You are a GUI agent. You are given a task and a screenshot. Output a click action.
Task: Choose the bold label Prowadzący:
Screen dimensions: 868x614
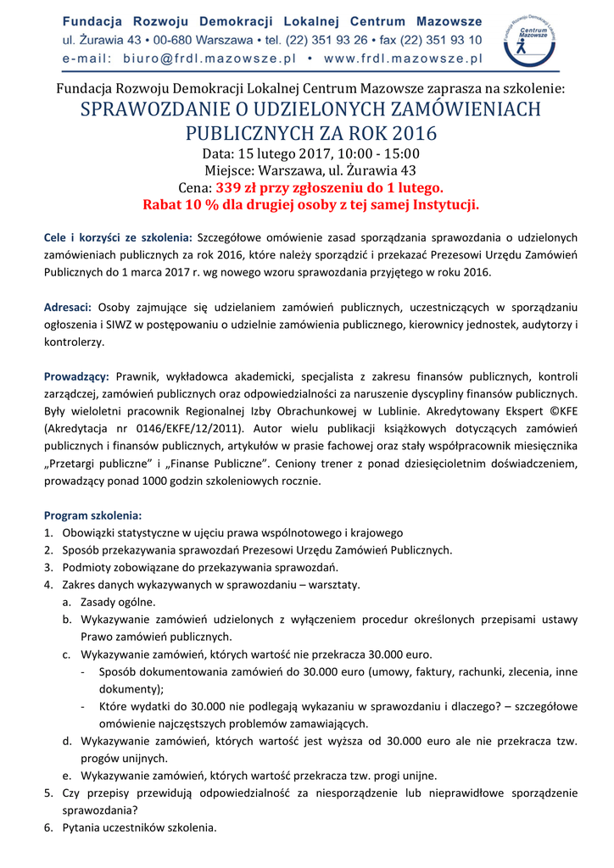[77, 376]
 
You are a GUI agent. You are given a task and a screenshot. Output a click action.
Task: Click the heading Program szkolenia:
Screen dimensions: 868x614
[93, 515]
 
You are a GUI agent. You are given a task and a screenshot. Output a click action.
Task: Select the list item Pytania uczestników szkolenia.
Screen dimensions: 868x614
[140, 827]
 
